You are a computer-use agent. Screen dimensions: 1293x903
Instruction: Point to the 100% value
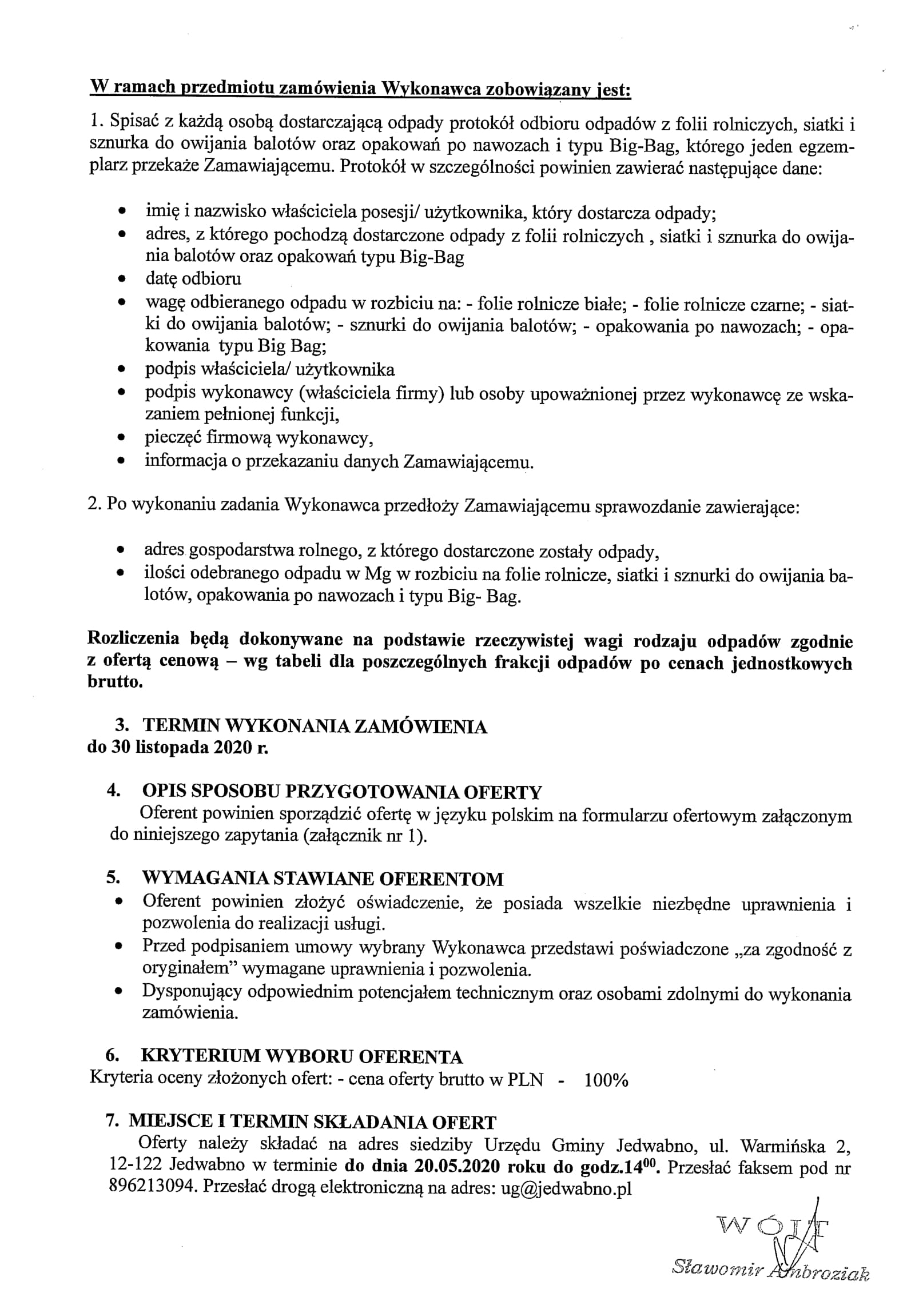(606, 1080)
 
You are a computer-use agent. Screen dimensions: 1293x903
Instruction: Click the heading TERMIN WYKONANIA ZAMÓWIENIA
(315, 727)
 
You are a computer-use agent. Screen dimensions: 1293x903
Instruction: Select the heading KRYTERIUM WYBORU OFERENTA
(302, 1056)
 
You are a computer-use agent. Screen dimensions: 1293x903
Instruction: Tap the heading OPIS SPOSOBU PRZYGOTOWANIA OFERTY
(341, 792)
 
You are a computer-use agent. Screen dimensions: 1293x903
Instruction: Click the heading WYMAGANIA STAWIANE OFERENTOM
(323, 879)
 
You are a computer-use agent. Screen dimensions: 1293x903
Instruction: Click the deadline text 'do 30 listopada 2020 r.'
(178, 748)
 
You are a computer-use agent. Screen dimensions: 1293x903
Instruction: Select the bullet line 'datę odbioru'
(193, 279)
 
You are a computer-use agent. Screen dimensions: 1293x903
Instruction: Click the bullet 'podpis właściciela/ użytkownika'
(269, 369)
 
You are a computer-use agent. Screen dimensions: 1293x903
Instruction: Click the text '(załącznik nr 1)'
(369, 836)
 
